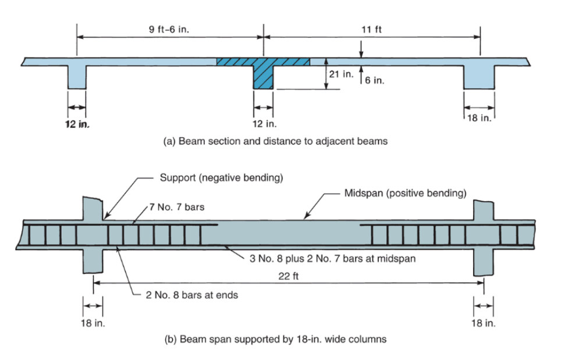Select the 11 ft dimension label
click(x=371, y=29)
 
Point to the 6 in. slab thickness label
click(x=375, y=81)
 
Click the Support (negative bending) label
click(x=221, y=177)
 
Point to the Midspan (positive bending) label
click(x=405, y=193)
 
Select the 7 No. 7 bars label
click(x=177, y=208)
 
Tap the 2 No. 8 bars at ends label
click(x=191, y=295)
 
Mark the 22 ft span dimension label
click(x=289, y=275)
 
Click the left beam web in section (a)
click(x=77, y=77)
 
